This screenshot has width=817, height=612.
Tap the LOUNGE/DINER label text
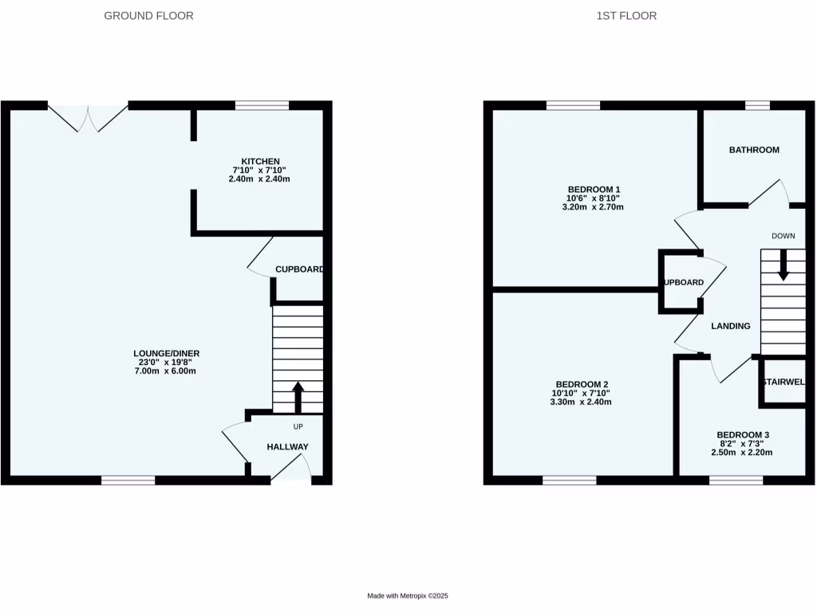(166, 354)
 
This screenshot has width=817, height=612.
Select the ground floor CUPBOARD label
(298, 269)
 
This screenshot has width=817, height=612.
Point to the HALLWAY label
(287, 447)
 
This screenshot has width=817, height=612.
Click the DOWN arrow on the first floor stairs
(783, 265)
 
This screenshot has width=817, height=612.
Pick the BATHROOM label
(754, 150)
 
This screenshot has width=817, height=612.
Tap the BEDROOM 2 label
(581, 384)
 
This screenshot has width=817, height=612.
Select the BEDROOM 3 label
(741, 435)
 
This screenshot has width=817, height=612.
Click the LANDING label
(731, 326)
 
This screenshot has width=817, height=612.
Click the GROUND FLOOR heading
(148, 16)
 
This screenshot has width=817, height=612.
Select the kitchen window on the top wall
(262, 105)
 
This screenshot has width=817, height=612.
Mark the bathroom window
(757, 105)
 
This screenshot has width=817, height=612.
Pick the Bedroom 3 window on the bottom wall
(736, 481)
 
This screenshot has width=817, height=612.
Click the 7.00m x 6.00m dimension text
(166, 371)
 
